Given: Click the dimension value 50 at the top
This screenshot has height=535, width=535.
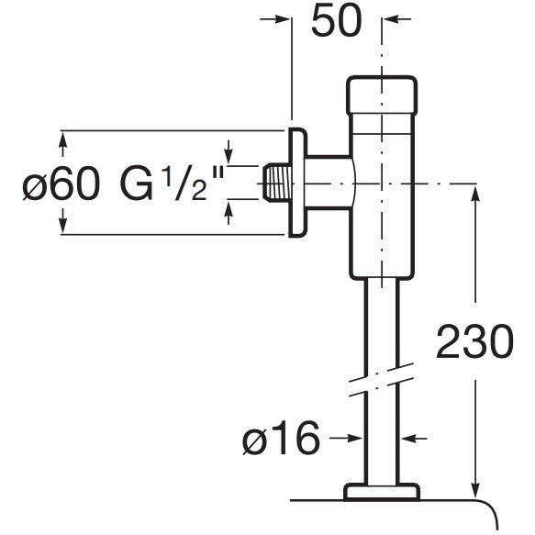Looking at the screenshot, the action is point(337,21).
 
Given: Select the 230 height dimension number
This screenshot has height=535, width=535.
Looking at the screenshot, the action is point(475,341).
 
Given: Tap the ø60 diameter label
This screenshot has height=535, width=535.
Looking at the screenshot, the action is point(61,184).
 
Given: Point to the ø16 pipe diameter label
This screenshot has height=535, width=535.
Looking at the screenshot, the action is point(281,438).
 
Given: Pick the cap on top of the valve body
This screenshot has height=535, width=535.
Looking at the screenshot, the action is point(382,95).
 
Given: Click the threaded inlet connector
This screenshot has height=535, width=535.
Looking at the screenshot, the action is point(277,184).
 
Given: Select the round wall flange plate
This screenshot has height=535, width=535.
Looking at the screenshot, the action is point(298,183).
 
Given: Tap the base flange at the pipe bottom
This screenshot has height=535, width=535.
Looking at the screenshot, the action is point(382,492).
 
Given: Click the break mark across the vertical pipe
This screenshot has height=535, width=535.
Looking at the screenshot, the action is point(382,379).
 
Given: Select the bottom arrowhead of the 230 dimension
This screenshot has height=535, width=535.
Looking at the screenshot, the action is point(475,491).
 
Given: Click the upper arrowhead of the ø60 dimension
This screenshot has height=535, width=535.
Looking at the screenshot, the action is point(62,139).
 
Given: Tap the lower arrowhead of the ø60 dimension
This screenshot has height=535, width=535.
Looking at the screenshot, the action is point(62,225).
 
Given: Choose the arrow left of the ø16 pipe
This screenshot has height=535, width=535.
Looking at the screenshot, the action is point(346,438).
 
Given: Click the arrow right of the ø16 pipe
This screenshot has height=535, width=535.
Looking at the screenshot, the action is point(414,438).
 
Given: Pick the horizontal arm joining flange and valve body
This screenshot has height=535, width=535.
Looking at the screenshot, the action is point(329,183).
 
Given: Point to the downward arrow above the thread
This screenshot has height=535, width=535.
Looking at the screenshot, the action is point(228,151).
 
